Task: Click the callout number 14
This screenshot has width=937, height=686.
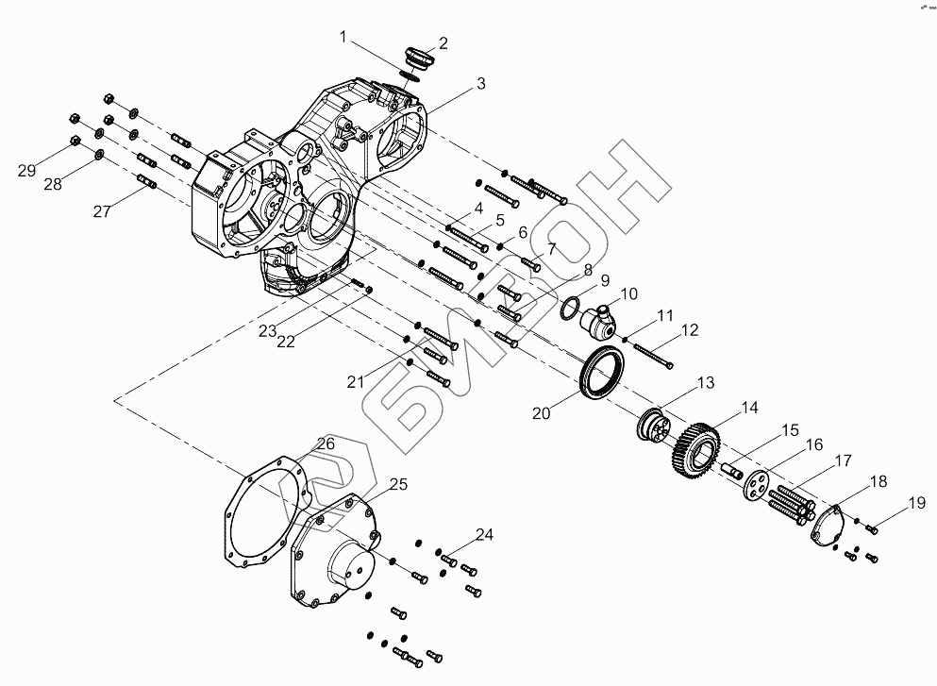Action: (x=748, y=408)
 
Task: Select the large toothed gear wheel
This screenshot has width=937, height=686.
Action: (x=696, y=451)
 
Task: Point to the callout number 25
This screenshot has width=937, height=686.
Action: (x=399, y=485)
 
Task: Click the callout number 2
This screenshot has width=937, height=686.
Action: (x=443, y=43)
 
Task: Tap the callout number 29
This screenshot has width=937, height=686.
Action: (x=27, y=171)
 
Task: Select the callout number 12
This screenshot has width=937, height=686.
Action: (x=690, y=331)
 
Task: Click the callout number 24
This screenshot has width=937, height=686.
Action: (x=484, y=534)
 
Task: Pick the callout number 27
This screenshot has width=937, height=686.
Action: (x=103, y=212)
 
